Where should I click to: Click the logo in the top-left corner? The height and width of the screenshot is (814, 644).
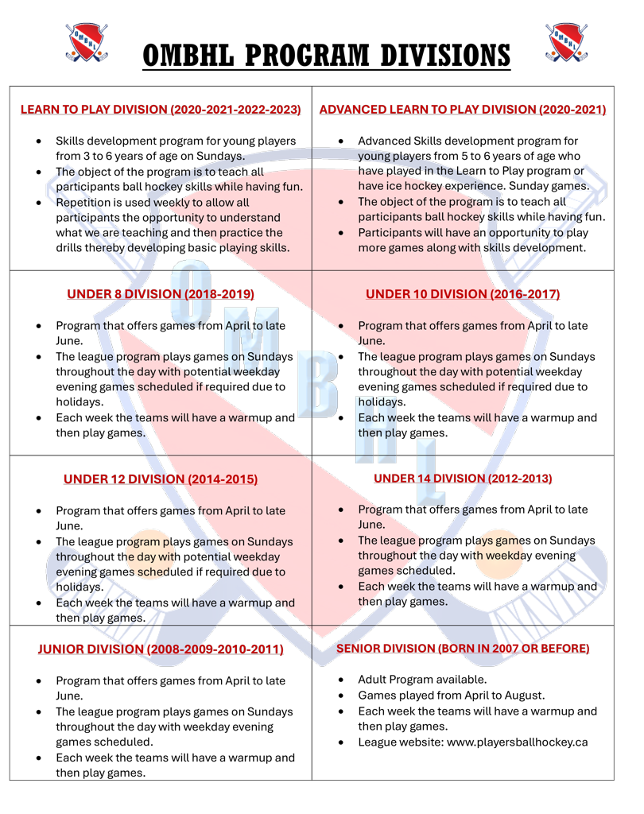85,43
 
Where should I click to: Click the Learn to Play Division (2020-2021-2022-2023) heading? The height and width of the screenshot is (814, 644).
161,109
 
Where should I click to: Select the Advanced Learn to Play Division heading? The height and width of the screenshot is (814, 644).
462,109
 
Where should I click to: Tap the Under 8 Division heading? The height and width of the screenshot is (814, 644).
161,294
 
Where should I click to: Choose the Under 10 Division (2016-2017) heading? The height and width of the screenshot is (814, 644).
462,294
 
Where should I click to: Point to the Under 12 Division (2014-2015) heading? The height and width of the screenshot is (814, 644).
161,479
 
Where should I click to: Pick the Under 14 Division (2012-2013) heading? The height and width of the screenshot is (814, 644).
462,479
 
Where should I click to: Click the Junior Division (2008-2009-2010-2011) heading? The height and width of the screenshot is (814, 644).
161,649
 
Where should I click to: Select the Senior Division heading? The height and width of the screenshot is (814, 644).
462,649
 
